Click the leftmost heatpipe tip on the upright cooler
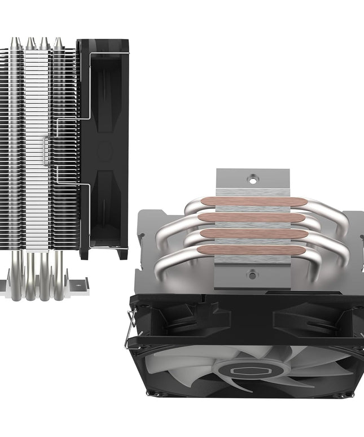click(16, 42)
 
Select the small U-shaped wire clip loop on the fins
click(45, 151)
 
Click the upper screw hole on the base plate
click(252, 177)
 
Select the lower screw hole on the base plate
click(252, 274)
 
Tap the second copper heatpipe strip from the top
click(252, 217)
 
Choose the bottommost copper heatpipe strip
click(252, 250)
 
